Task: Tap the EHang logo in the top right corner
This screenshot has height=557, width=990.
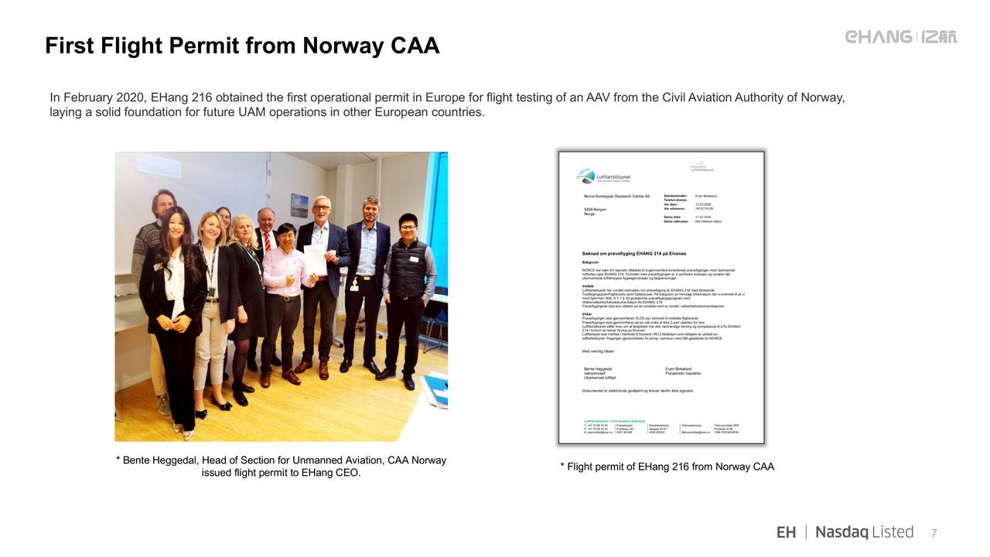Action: coord(900,37)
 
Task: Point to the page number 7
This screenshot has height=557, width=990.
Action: coord(934,533)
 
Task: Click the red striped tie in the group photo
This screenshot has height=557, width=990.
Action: coord(267,241)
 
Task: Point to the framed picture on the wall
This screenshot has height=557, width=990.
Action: coord(299,205)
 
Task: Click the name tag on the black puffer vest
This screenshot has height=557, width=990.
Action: coord(414,259)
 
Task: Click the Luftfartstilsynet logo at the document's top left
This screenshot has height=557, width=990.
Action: coord(604,176)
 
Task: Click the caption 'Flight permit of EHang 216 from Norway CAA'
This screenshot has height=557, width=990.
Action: coord(667,466)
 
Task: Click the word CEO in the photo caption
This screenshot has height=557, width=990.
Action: coord(347,473)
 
